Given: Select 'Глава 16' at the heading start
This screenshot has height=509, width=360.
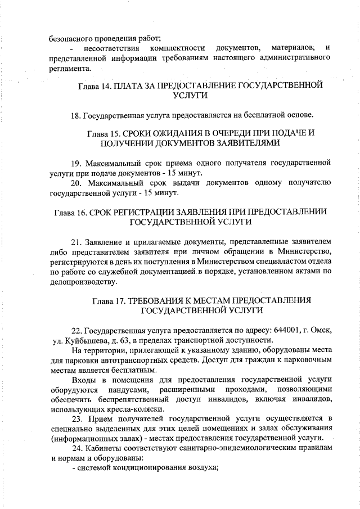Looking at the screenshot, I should click(x=70, y=212).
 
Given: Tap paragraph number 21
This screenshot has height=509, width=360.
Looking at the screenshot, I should click(x=76, y=242).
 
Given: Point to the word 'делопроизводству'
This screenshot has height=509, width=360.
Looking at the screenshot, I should click(x=84, y=281).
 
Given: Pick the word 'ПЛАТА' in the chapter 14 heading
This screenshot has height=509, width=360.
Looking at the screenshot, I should click(x=127, y=86).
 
